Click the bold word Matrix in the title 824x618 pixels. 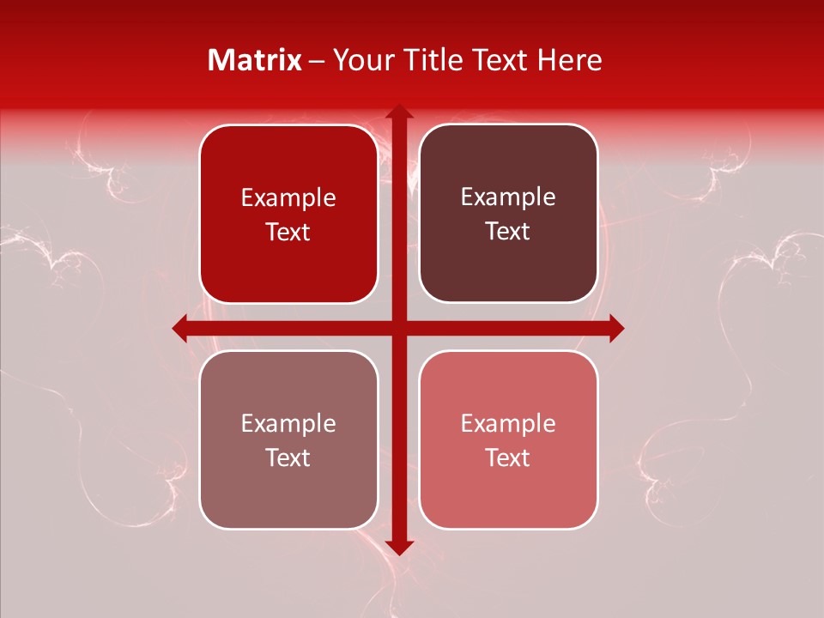[x=255, y=60]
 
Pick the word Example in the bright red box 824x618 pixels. [x=288, y=198]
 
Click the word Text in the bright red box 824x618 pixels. [x=288, y=233]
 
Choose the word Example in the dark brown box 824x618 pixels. [x=508, y=197]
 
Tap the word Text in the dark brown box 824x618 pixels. [x=508, y=232]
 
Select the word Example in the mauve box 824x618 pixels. [x=288, y=424]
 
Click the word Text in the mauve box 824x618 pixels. [x=288, y=458]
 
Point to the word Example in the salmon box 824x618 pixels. [x=508, y=424]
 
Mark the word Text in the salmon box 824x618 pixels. [x=508, y=458]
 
